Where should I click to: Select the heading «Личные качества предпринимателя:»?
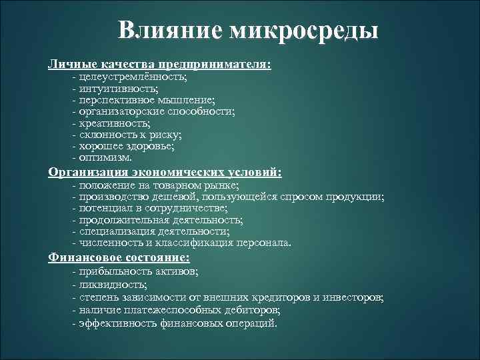(x=159, y=65)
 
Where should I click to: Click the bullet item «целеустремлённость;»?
(x=126, y=78)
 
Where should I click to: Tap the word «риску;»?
(x=165, y=135)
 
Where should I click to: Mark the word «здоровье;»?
(x=151, y=147)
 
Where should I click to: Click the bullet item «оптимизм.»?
(x=105, y=158)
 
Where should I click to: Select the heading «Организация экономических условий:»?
(x=165, y=172)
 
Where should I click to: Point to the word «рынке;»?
(x=221, y=185)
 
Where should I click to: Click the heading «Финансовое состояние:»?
(x=119, y=257)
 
